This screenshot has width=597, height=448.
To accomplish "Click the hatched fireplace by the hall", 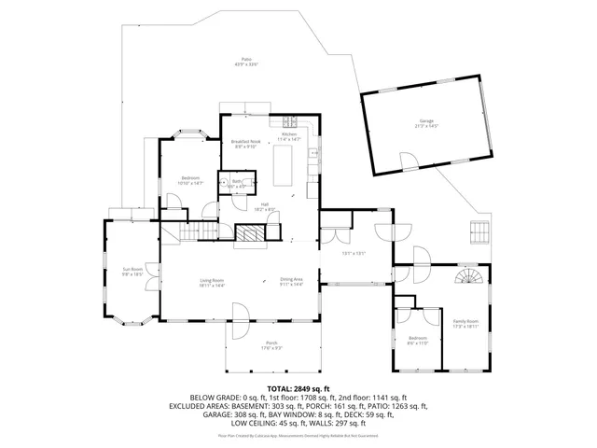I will point(248,236).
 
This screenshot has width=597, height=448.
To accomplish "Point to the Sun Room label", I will point(131,272).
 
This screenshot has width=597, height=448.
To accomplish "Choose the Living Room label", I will point(212,282).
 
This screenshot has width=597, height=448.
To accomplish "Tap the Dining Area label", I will point(292,281).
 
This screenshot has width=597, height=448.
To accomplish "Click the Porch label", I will point(271,344).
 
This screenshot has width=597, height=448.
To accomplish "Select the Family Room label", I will point(465,322).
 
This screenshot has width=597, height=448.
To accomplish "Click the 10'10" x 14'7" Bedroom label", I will point(190,179).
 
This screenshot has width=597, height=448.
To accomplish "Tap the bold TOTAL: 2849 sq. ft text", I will point(298,387).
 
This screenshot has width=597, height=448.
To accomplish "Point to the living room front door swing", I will point(240,312).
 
